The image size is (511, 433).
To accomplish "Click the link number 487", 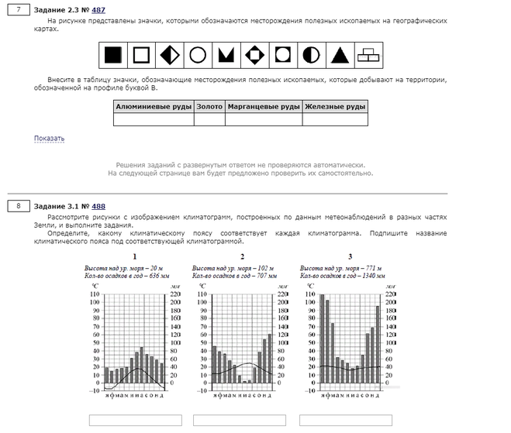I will (x=98, y=10).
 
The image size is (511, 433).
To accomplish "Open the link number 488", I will (x=98, y=206).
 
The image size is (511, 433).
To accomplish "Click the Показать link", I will (x=49, y=139).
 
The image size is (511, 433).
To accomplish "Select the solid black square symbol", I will (x=113, y=54).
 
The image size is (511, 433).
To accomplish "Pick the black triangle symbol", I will (x=338, y=54).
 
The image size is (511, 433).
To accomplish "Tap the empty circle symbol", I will (x=198, y=54).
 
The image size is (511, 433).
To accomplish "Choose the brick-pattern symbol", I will (x=366, y=54).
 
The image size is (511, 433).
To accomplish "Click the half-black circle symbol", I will (x=310, y=54).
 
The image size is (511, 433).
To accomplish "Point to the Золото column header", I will (x=209, y=107).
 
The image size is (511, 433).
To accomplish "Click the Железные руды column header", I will (x=335, y=107).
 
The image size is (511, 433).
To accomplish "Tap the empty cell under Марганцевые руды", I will (x=264, y=120).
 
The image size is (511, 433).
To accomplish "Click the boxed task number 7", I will (x=18, y=10).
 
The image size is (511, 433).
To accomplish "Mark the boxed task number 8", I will (x=18, y=206).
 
